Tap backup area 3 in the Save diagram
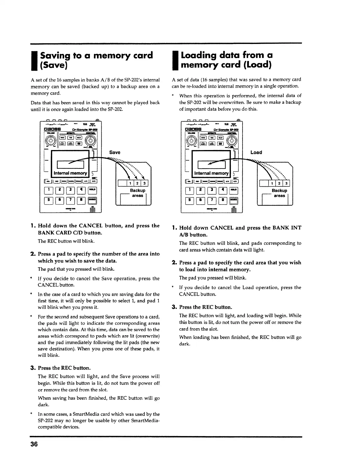[146, 184]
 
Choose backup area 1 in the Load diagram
[273, 184]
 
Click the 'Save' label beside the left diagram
[115, 152]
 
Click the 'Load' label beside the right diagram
[256, 152]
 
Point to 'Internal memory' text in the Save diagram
[70, 173]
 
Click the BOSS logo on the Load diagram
[194, 129]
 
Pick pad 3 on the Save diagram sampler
[70, 190]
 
